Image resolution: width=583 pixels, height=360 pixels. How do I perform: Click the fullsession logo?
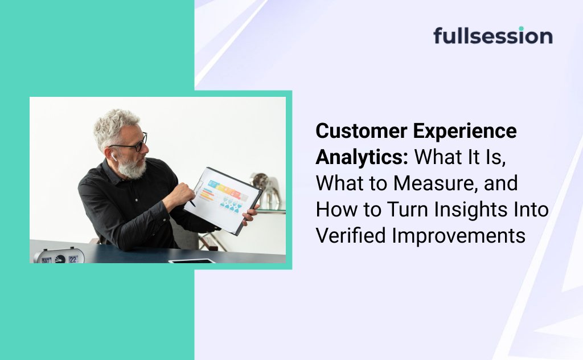point(492,35)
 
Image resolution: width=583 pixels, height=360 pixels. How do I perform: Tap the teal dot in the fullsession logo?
point(522,28)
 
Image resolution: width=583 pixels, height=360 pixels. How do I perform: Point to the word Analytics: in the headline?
point(362,158)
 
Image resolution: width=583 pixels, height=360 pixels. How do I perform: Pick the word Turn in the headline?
point(408,210)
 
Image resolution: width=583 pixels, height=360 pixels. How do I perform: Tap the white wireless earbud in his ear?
point(114,157)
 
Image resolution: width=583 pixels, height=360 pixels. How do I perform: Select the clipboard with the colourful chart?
point(223,201)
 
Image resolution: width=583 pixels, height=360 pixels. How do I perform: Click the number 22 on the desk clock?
point(73,259)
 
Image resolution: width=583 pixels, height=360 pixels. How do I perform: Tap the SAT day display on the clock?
point(47,260)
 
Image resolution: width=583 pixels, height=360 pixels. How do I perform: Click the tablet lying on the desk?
point(192,261)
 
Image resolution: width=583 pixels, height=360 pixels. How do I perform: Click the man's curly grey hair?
point(113,126)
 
